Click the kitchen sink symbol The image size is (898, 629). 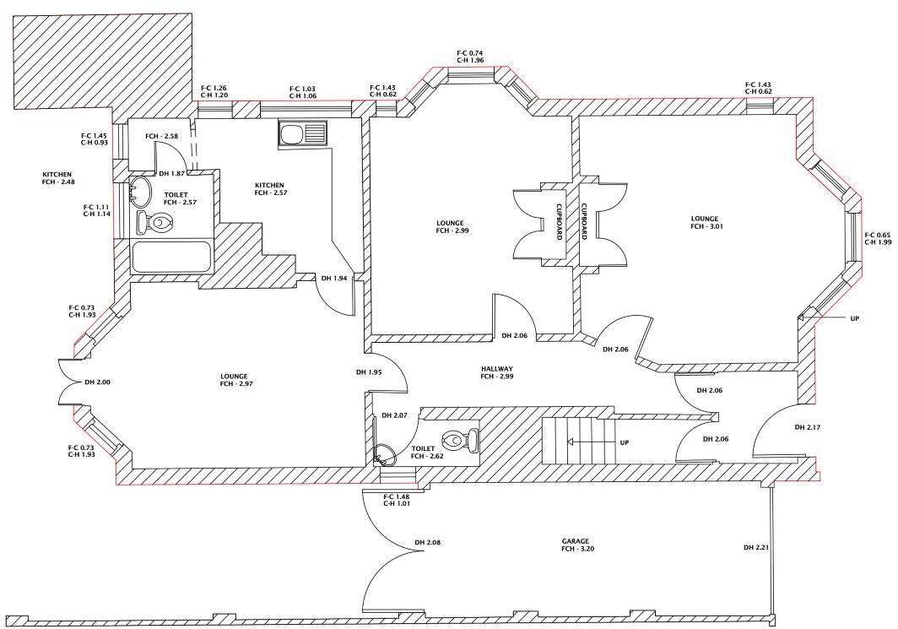tap(302, 135)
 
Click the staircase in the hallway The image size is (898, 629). tap(579, 441)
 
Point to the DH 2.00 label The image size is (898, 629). tap(98, 382)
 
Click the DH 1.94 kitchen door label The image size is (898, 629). tap(334, 279)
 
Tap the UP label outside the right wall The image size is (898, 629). tap(854, 318)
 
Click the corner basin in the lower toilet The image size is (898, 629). tap(384, 454)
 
